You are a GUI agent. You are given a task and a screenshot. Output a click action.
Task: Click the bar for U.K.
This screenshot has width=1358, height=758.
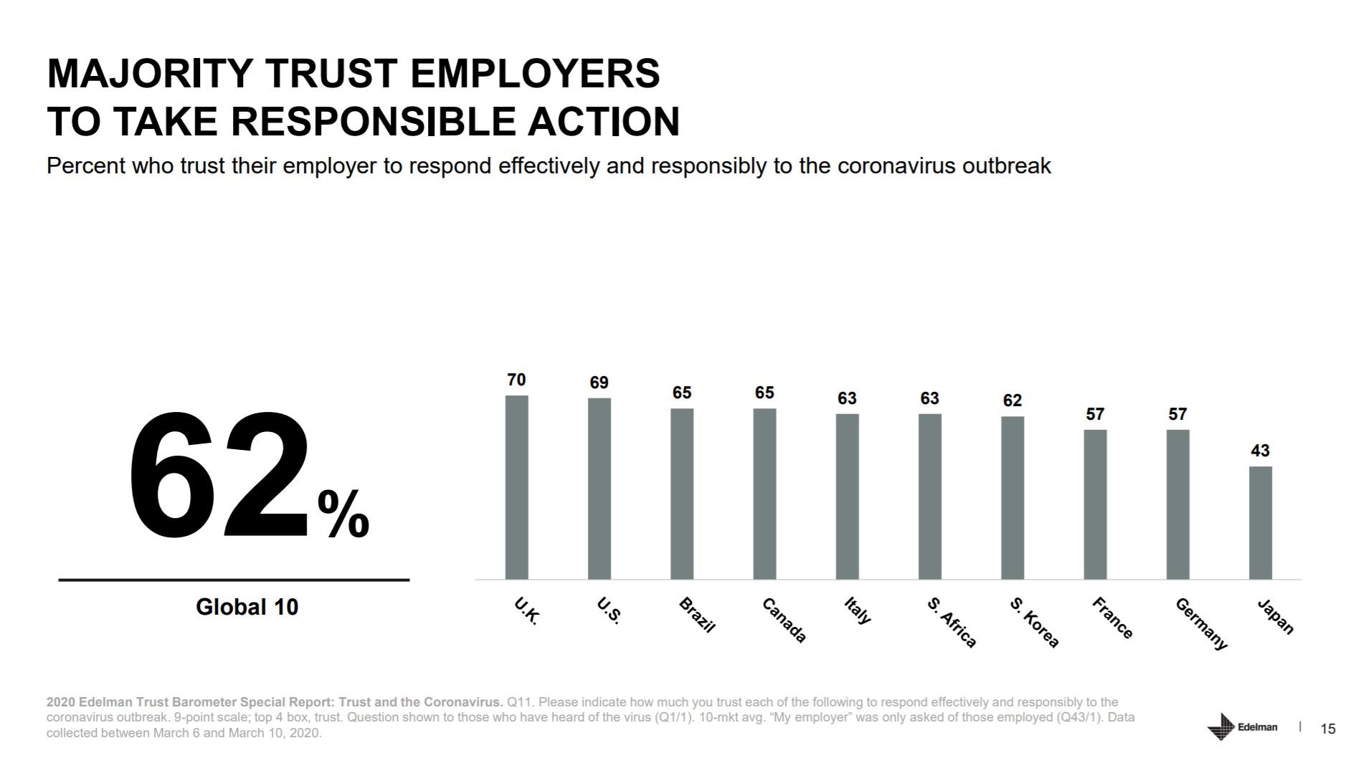point(516,487)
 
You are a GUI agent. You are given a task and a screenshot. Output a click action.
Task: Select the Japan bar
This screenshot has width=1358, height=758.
point(1260,523)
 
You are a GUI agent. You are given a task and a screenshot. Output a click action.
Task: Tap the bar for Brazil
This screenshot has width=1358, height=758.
point(682,494)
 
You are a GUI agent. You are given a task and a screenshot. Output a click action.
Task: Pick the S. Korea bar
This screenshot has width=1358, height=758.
point(1012,498)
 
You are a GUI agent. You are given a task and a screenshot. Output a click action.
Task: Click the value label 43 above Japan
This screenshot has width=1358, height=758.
point(1260,451)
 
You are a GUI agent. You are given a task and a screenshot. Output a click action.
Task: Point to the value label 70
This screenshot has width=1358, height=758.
point(516,380)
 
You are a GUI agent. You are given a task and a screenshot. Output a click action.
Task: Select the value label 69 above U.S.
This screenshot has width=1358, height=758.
point(599,383)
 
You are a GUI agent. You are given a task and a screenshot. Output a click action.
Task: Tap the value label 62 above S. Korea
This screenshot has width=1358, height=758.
point(1012,400)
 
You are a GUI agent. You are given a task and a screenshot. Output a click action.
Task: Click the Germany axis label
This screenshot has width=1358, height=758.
point(1201,624)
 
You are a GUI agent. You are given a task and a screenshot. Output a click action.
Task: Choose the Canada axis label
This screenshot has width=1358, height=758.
point(784,620)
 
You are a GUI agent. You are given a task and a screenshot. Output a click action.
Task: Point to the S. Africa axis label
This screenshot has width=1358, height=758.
point(951,623)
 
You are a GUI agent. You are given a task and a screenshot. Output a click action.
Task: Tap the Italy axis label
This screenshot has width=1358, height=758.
point(858,610)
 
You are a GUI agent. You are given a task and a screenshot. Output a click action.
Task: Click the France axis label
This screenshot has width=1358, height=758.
point(1112,618)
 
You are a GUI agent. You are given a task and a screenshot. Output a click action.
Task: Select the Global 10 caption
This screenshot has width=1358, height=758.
point(247,608)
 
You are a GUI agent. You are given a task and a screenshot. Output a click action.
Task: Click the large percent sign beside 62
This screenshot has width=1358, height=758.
point(343,514)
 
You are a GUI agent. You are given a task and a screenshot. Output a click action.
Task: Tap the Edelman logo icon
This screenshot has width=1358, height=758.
point(1220,726)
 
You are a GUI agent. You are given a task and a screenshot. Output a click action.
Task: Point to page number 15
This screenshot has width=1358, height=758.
point(1328,729)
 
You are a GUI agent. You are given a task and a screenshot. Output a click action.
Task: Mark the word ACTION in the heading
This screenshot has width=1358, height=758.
point(604,121)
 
